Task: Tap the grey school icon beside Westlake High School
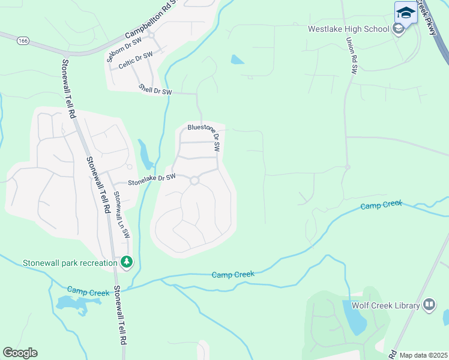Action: coord(398,28)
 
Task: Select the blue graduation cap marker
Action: coord(406,13)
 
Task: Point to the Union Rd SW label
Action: coord(351,56)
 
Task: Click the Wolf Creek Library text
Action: coord(385,306)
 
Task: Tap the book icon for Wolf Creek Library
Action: coord(429,305)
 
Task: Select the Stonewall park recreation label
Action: coord(70,263)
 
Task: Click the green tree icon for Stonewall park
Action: coord(126,262)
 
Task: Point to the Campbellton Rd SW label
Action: coord(153,20)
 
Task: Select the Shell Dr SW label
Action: coord(155,89)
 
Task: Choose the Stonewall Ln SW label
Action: coord(122,215)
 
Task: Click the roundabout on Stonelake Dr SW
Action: coord(194,181)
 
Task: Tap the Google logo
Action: coord(20,353)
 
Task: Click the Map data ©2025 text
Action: coord(423,355)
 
